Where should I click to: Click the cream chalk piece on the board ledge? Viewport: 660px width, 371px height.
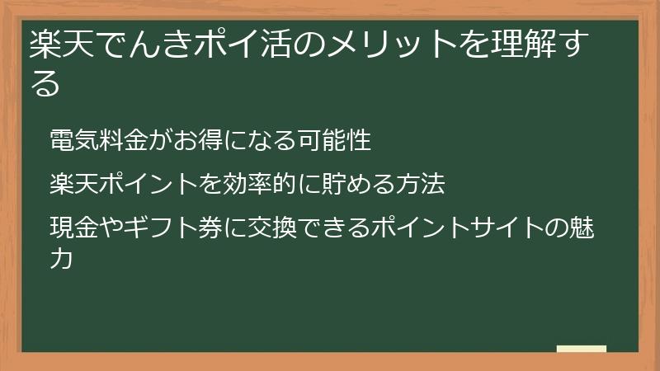[582, 349]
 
